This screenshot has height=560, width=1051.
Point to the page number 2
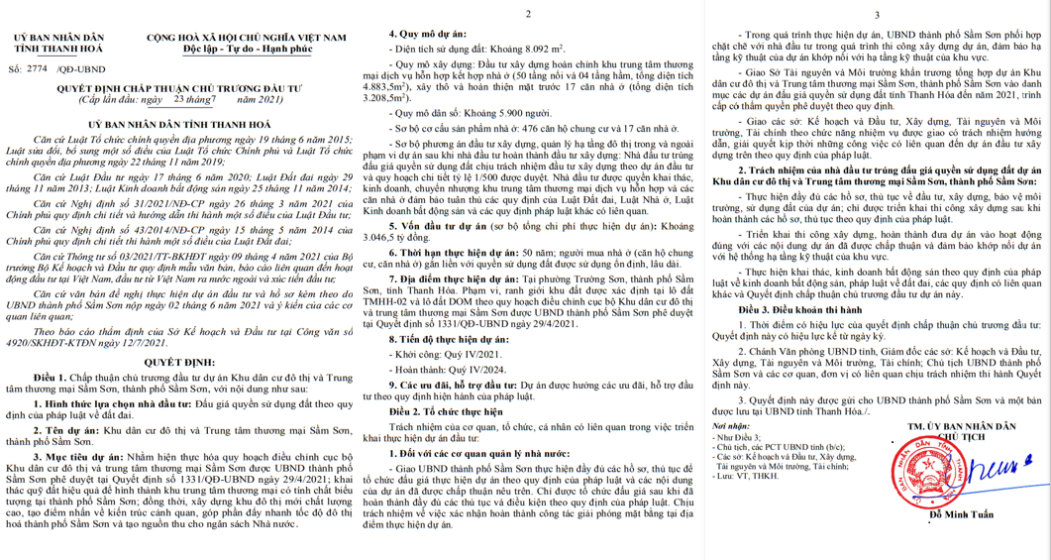527,15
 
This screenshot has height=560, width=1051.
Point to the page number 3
877,15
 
